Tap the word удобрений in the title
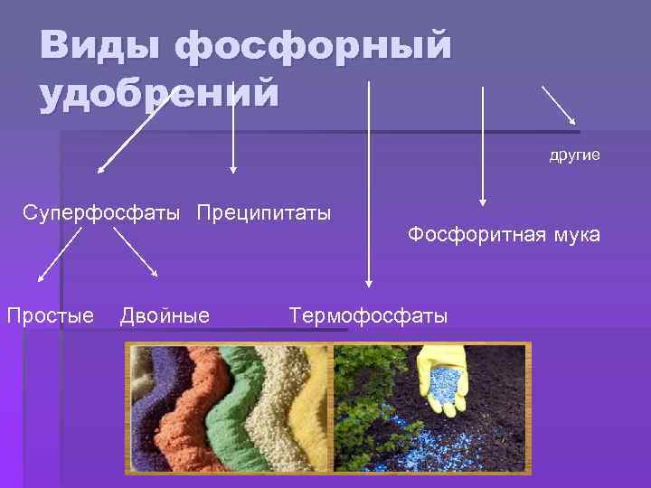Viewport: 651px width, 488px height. point(159,94)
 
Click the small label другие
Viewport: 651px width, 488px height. point(574,155)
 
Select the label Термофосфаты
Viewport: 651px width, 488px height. point(368,315)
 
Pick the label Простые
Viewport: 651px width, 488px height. point(50,315)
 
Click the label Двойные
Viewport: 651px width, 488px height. point(165,315)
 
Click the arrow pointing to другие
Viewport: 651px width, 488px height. point(561,107)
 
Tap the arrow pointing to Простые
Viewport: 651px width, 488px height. point(60,254)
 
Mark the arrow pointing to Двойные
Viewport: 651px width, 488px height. point(136,252)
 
